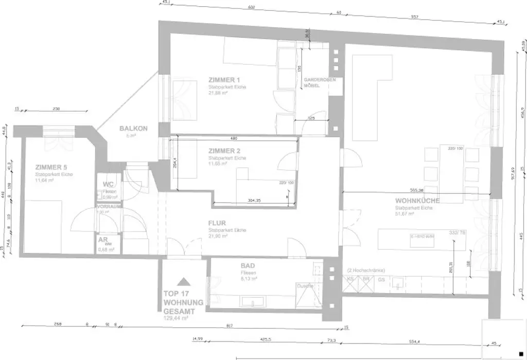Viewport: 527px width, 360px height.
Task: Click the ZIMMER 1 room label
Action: tap(224, 80)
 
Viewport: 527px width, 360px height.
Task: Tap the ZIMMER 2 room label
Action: tap(224, 151)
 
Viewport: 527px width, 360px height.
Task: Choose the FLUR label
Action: tap(218, 224)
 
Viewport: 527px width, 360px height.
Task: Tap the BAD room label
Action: tap(248, 266)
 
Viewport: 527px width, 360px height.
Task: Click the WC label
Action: tap(108, 184)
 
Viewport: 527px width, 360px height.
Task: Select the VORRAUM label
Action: tap(109, 207)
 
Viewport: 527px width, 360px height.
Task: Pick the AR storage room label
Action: tap(102, 240)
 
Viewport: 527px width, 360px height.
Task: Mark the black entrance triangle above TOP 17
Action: tap(184, 281)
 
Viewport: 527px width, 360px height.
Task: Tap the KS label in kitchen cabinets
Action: tap(350, 279)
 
